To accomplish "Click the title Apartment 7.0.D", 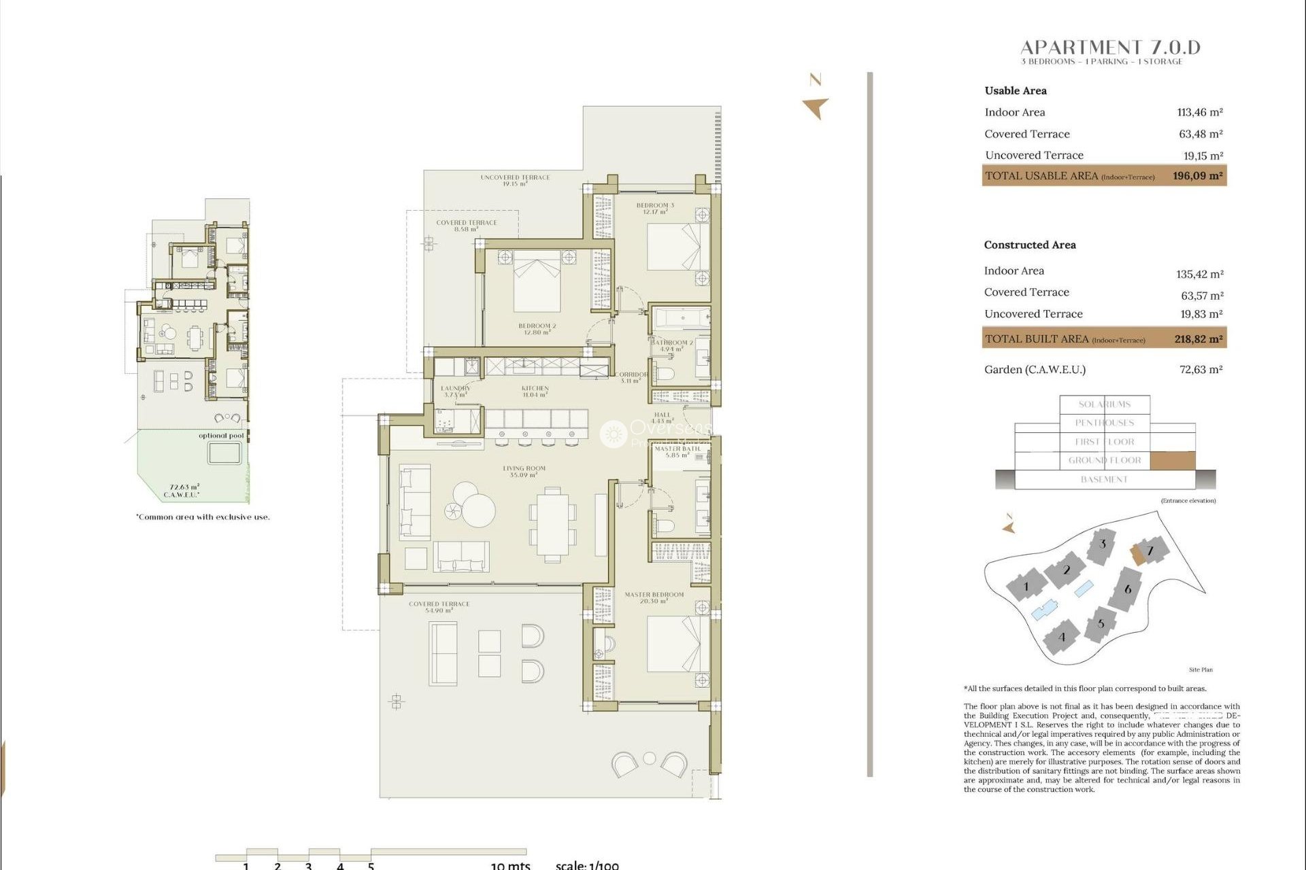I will click(1110, 48).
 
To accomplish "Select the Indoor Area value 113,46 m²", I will click(1200, 113).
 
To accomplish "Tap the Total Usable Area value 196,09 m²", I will click(1197, 176).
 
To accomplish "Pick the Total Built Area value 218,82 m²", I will click(1198, 339).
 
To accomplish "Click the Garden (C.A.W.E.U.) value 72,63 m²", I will click(1201, 370).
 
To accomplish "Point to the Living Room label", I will click(524, 471).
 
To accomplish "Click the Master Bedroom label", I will click(654, 597).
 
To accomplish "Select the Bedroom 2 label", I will click(537, 329).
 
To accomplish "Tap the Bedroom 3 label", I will click(655, 208).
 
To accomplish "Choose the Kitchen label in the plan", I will click(535, 391).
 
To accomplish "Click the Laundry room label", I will click(455, 391).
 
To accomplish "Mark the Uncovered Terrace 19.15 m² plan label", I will click(515, 180).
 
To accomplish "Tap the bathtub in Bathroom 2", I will click(681, 319).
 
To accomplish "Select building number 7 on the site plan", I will click(1150, 551).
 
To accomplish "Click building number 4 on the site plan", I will click(1062, 638).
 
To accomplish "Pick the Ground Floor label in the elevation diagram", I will click(1104, 460).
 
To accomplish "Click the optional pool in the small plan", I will click(224, 453).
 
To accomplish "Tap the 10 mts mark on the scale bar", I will click(510, 865).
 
